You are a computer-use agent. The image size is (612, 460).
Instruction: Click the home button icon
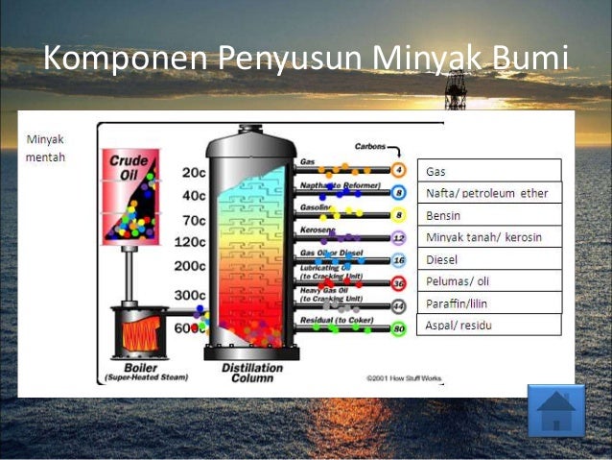555,410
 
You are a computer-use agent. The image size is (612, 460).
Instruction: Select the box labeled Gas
488,171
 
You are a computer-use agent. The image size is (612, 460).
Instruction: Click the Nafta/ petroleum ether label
488,193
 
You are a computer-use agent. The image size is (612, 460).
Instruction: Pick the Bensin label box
488,215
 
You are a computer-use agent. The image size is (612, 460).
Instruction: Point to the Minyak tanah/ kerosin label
488,237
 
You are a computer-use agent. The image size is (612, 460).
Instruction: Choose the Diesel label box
488,259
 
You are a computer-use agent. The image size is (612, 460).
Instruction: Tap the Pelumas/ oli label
488,281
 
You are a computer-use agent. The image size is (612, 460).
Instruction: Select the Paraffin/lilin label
488,303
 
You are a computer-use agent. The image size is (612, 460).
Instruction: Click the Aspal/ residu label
488,326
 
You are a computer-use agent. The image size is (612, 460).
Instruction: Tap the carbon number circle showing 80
400,328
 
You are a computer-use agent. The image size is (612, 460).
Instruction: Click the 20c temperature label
193,173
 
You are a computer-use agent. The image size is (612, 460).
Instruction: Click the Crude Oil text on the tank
129,169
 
